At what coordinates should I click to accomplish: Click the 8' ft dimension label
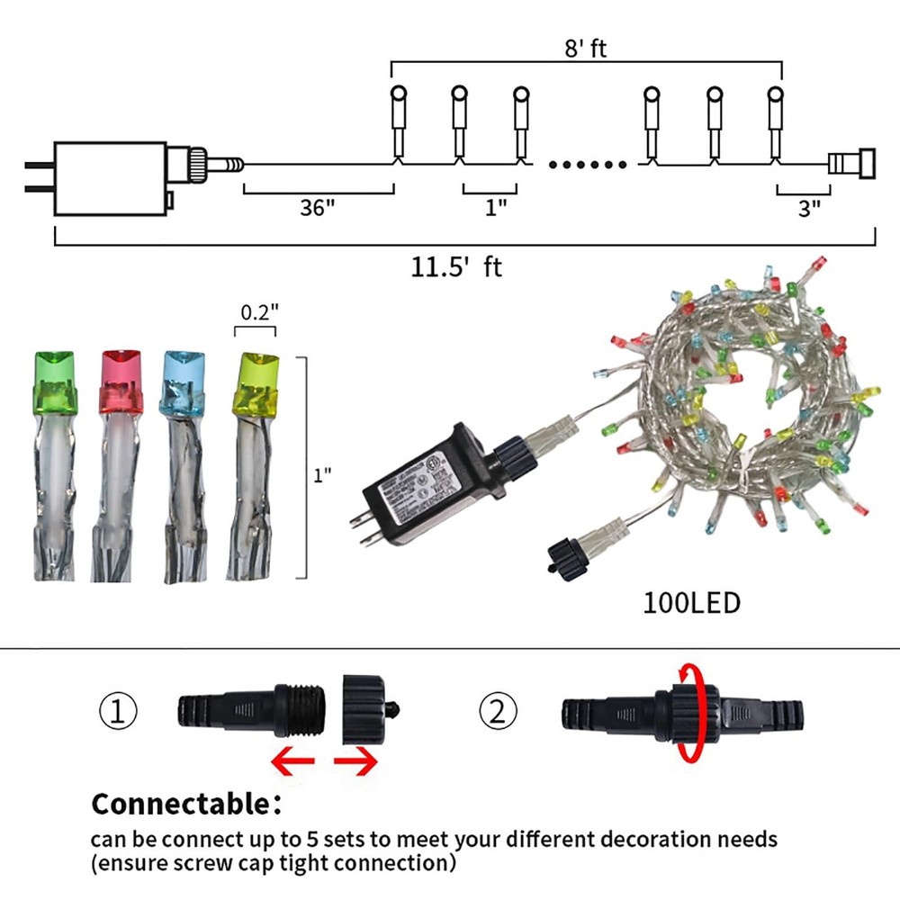coord(586,48)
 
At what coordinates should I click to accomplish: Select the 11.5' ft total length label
coord(456,267)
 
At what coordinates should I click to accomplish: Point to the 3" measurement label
coord(809,208)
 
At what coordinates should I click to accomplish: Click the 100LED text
coord(691,601)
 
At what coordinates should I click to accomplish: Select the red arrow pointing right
coord(355,762)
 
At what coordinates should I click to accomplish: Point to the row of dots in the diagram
coord(587,165)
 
